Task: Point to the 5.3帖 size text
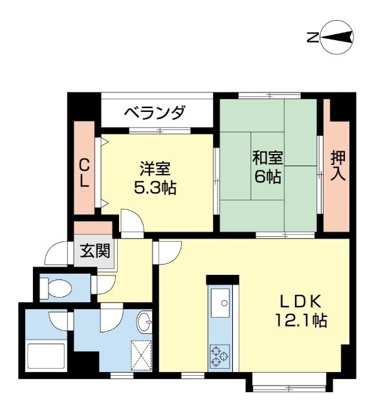(x=155, y=188)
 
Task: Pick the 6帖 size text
(x=267, y=176)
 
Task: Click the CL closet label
(x=84, y=172)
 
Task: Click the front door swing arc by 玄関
(x=62, y=252)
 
